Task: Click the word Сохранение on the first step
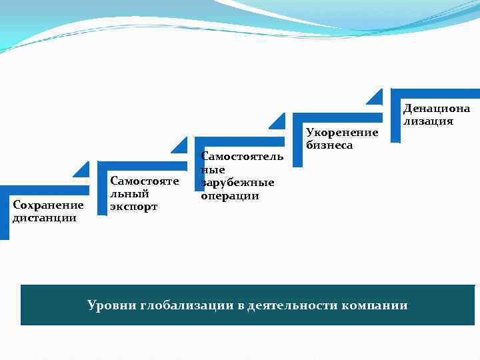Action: pos(48,205)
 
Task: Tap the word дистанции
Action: pos(44,217)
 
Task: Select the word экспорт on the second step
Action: pos(133,207)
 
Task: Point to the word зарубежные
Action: pos(237,183)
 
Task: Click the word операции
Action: pos(229,196)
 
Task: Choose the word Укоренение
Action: pos(341,133)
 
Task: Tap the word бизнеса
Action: pos(329,145)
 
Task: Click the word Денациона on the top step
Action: pos(436,108)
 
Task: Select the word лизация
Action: pos(427,121)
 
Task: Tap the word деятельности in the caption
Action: pos(291,305)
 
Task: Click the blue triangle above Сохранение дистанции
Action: pos(83,171)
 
